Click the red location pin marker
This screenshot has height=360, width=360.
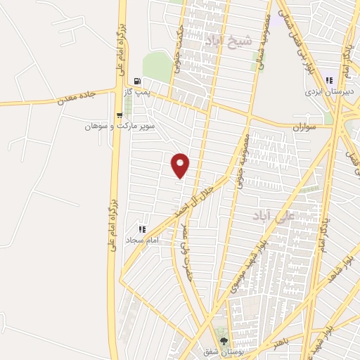point(181,165)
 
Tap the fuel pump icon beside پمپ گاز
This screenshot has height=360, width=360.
point(136,81)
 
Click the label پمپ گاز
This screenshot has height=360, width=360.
point(144,93)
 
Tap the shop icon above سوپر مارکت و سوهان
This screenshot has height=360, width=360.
point(118,115)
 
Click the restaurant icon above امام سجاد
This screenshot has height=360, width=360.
point(143,229)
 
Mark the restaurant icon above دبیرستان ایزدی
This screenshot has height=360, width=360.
point(329,80)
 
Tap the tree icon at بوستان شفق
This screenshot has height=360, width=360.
point(224,340)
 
